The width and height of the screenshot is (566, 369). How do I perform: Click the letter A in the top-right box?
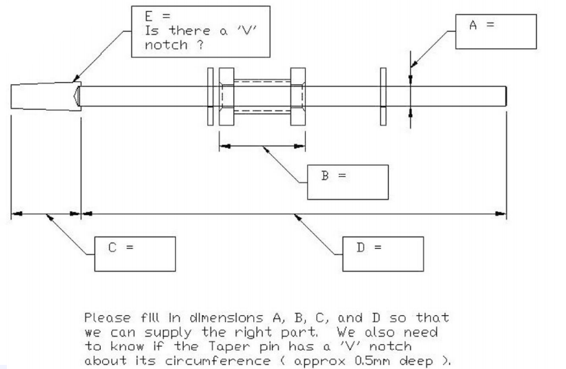coord(473,25)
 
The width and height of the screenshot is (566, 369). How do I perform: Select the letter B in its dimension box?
coord(325,176)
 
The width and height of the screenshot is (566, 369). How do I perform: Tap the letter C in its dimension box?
coord(113,247)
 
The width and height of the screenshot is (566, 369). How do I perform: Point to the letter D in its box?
coord(360,247)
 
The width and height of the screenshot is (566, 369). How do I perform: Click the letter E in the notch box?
coord(148,17)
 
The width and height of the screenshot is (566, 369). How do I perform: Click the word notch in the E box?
coord(166,45)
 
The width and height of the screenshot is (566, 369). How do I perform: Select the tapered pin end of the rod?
coord(46,96)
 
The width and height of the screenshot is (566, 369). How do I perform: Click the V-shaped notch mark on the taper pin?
coord(76,96)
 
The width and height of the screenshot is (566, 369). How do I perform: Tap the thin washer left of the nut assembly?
coord(210,97)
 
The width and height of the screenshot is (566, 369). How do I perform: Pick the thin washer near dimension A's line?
coord(383,97)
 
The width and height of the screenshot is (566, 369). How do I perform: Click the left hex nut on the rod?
coord(226,97)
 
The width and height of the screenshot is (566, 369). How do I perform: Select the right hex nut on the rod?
coord(297,97)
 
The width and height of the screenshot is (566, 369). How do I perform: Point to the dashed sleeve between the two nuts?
coord(262,97)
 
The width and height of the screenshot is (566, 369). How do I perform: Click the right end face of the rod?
coord(506,96)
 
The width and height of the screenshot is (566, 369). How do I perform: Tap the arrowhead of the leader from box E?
coord(76,78)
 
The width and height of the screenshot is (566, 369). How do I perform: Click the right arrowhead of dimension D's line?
coord(501,214)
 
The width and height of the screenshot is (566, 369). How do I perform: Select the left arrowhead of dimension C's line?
coord(17,214)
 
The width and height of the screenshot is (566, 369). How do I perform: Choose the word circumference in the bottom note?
coord(217,361)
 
